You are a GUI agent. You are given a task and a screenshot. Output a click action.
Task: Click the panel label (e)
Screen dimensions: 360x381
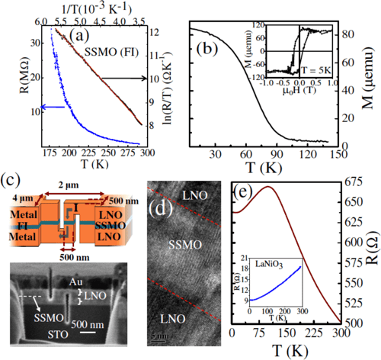pyautogui.click(x=245, y=191)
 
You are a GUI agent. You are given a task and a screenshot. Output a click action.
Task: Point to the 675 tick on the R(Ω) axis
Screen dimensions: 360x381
pyautogui.click(x=360, y=182)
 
